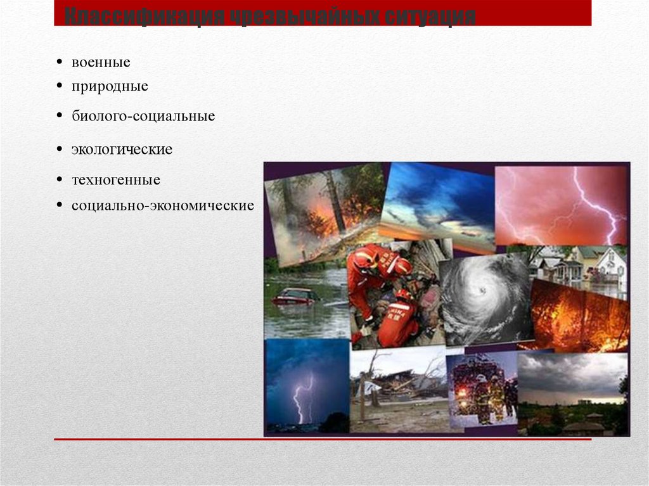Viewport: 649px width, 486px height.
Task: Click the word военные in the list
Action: click(101, 62)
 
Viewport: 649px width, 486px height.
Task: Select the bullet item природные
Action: click(110, 86)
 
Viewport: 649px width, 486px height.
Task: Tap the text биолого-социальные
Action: click(143, 117)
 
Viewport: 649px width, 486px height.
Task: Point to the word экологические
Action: click(122, 150)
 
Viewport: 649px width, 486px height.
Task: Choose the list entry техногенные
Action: click(115, 180)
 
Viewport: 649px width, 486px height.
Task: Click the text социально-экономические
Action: click(162, 206)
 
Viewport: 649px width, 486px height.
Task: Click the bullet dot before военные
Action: click(59, 62)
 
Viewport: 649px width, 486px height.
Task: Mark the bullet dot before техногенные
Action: click(59, 180)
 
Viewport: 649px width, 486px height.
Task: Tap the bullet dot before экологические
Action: click(59, 150)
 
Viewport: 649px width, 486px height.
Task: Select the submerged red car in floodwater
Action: click(294, 296)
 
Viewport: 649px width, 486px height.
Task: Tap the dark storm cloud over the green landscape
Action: click(570, 374)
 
